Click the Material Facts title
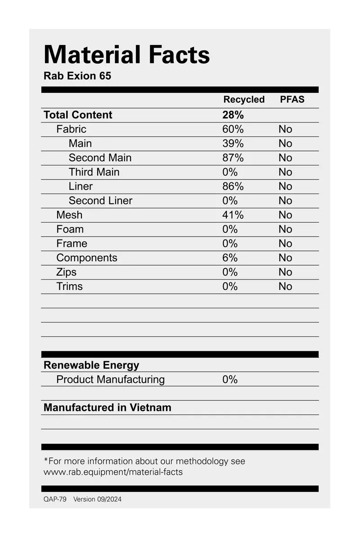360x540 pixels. (x=126, y=55)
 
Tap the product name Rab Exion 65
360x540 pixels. (x=77, y=76)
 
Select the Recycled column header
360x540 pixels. (x=244, y=100)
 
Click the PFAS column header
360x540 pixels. (x=292, y=100)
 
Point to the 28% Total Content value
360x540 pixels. (x=233, y=115)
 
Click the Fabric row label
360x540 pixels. (x=71, y=129)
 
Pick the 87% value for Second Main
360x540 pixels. (x=233, y=158)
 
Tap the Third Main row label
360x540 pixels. (x=94, y=172)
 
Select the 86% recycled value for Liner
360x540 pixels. (x=233, y=186)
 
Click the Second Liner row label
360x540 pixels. (x=100, y=200)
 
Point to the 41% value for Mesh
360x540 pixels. (x=233, y=215)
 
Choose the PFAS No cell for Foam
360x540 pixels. (x=285, y=229)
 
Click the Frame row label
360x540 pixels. (x=72, y=244)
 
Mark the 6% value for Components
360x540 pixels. (x=229, y=258)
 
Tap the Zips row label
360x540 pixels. (x=66, y=272)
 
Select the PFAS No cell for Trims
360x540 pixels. (x=285, y=286)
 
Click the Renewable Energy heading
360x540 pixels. (x=91, y=365)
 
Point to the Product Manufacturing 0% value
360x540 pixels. (x=229, y=380)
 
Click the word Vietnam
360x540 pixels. (x=150, y=408)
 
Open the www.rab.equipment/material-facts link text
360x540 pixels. (x=113, y=472)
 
